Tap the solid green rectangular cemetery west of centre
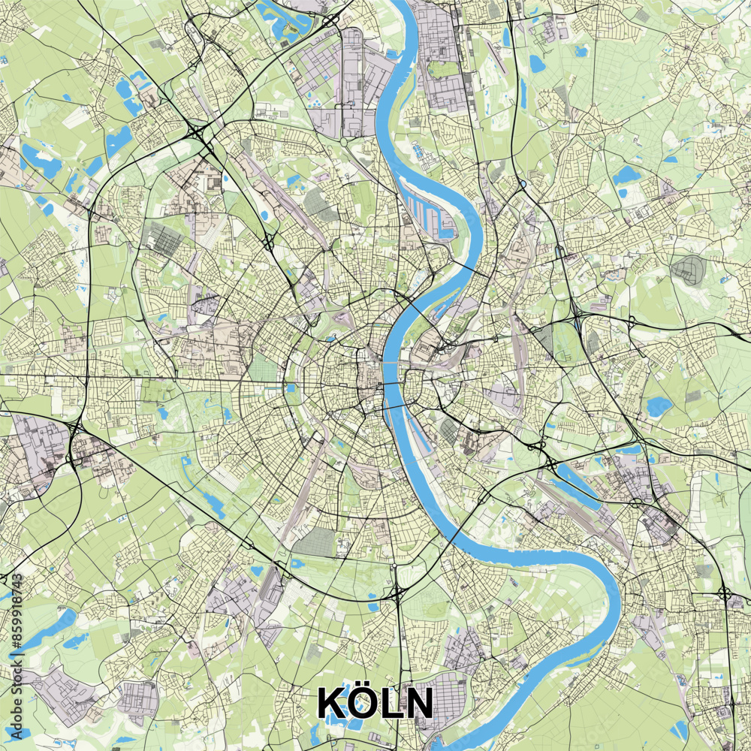263,367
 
